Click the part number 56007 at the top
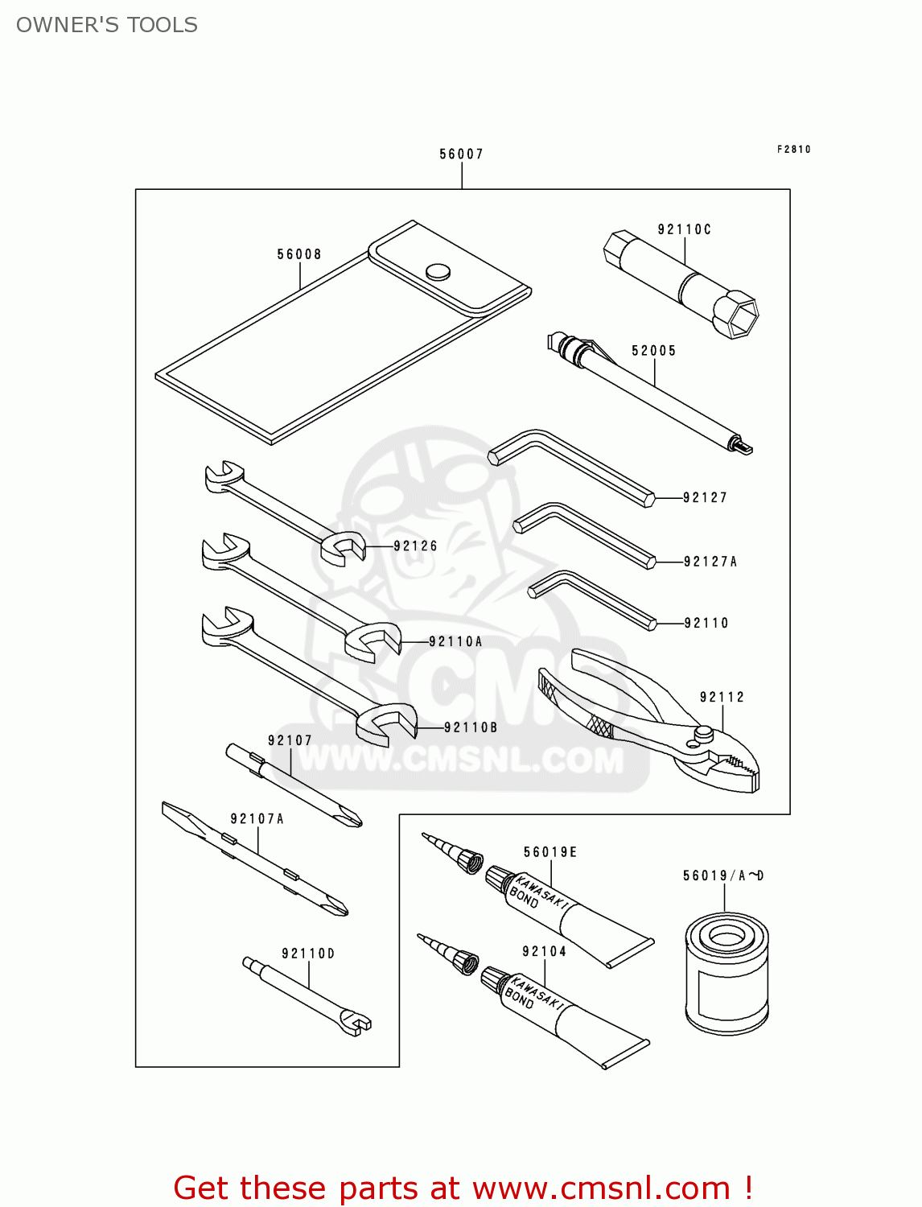tap(461, 154)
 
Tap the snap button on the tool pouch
tap(438, 271)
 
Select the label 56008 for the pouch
tap(299, 254)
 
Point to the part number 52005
tap(653, 351)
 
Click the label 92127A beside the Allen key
tap(710, 562)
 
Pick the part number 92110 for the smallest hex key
tap(706, 623)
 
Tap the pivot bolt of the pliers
tap(703, 734)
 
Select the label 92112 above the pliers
tap(722, 697)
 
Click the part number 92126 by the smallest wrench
tap(415, 546)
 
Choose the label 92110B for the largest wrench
tap(471, 727)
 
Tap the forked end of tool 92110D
tap(359, 1024)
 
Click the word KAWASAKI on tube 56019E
tap(541, 890)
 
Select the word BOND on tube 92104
tap(519, 998)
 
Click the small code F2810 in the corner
tap(794, 149)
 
